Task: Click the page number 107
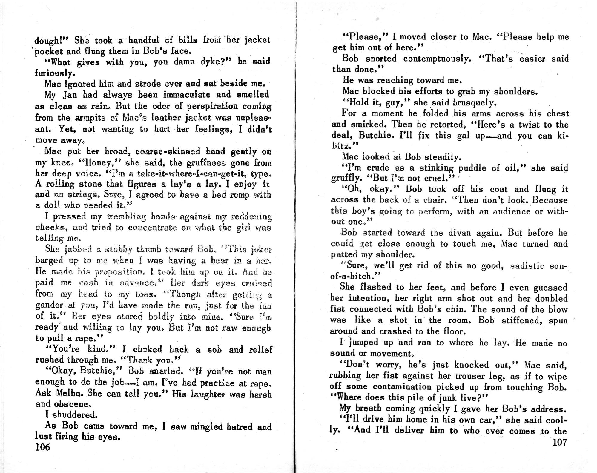click(559, 442)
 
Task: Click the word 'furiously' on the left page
click(54, 73)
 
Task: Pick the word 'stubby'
click(119, 249)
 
